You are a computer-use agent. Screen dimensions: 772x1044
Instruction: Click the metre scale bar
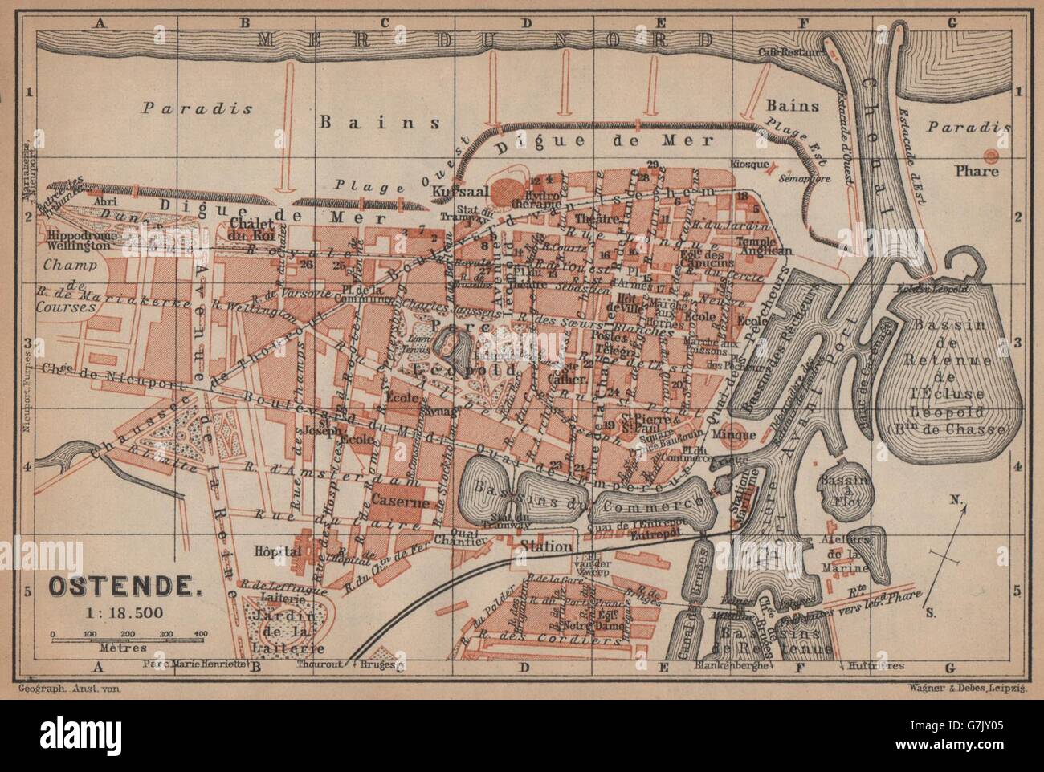coord(129,636)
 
